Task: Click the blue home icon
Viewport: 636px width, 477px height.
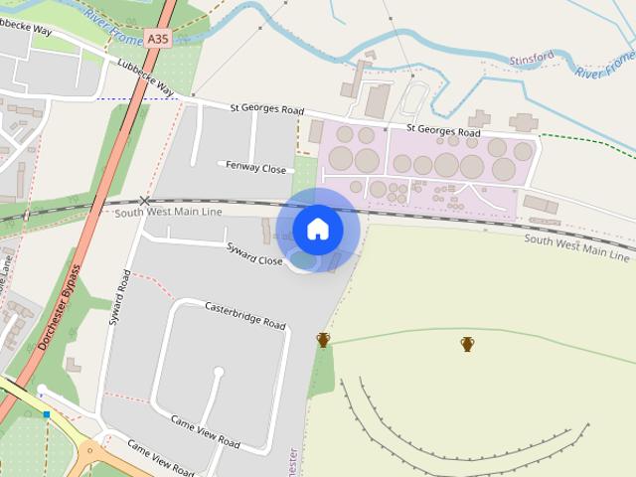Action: point(318,230)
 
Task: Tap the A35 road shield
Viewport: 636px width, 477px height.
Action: point(157,39)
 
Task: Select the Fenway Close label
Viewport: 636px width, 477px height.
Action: point(255,168)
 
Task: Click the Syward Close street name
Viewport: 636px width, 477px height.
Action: point(254,253)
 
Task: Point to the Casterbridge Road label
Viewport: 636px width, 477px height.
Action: point(245,315)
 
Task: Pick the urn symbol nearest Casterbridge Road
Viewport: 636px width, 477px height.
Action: point(323,340)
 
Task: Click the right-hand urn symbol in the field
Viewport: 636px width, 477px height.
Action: point(467,344)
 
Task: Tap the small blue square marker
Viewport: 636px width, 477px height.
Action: point(46,414)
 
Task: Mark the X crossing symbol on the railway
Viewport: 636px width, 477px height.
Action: point(145,202)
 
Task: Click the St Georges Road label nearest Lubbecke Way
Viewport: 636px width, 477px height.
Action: point(266,108)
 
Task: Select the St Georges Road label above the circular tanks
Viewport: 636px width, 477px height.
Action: point(443,130)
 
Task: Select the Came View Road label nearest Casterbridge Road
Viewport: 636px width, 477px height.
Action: point(205,431)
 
